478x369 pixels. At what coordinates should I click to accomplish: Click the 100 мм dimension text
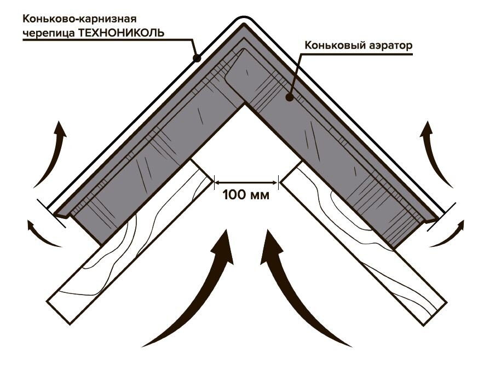(246, 195)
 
